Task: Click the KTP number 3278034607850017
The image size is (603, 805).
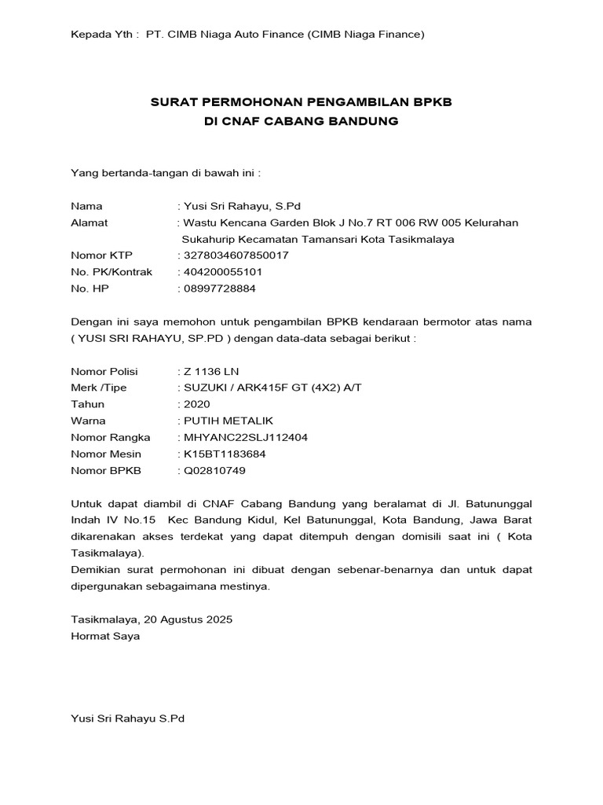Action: pos(236,255)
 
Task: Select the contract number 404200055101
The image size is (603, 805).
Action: pos(223,272)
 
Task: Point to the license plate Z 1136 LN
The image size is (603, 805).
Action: pos(210,371)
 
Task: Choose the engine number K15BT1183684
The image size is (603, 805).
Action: pos(225,454)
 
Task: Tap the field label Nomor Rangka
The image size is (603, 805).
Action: pos(105,437)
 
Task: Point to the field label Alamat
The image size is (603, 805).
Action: pos(90,222)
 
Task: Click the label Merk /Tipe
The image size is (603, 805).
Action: pos(98,388)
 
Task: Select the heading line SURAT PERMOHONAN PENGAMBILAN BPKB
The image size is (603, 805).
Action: pos(301,103)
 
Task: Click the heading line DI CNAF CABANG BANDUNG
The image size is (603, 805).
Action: pos(301,121)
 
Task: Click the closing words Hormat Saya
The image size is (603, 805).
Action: pos(105,635)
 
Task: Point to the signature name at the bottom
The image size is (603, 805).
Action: pos(127,718)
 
